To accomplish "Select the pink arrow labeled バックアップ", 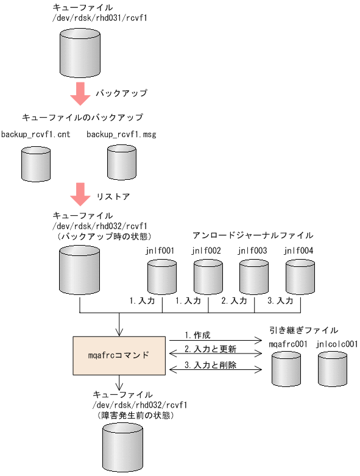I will coord(80,93).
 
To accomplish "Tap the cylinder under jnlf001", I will coord(162,277).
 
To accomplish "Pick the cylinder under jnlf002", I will coord(208,277).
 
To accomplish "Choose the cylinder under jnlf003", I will coord(253,277).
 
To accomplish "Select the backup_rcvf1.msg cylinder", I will coord(122,162).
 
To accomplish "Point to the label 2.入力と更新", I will coord(210,350).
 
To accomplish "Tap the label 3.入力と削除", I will coord(210,366).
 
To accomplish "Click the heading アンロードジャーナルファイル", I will coord(253,235).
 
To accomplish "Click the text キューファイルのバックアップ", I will coord(82,116).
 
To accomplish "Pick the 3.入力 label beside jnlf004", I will coord(280,301).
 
